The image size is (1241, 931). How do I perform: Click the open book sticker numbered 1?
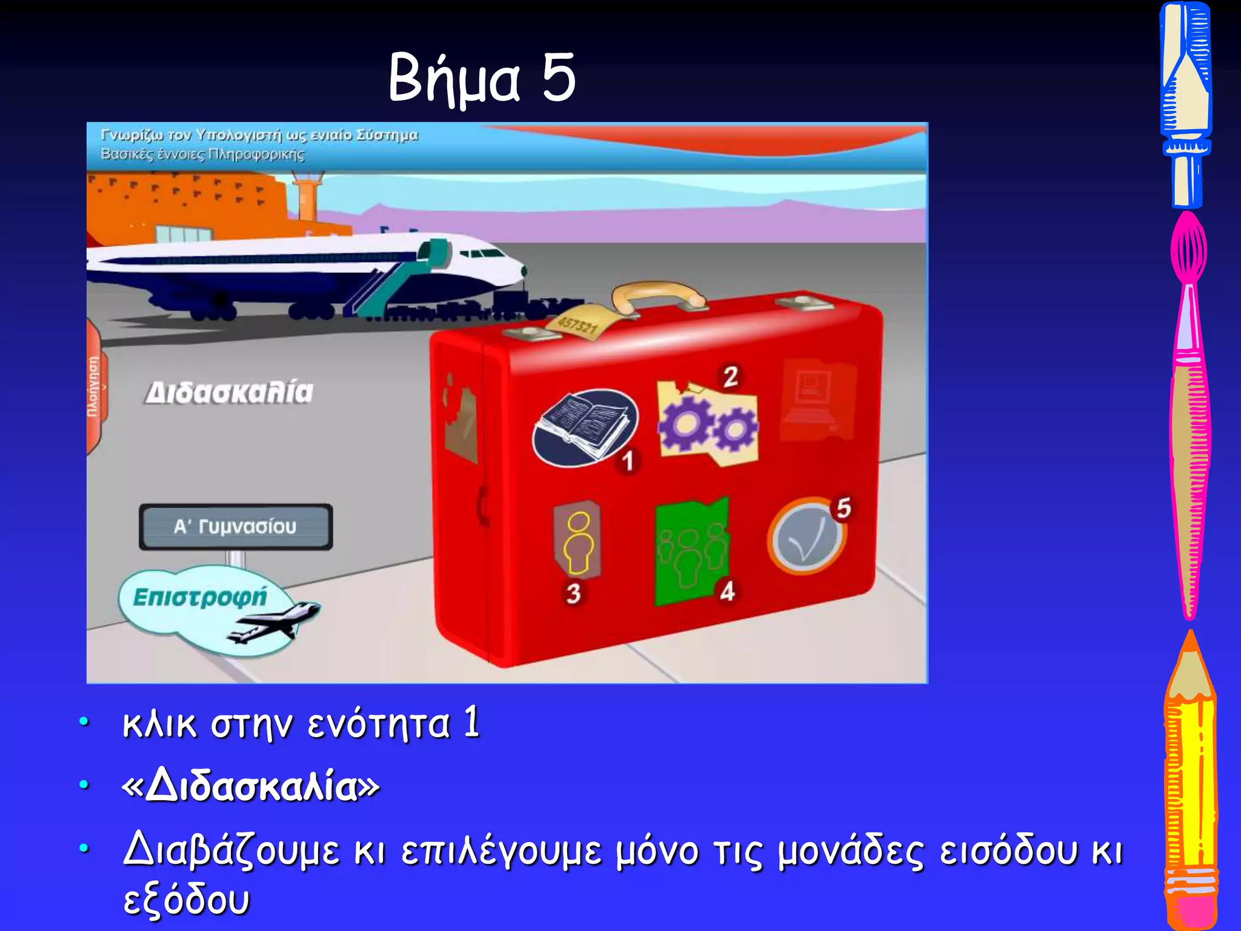(584, 427)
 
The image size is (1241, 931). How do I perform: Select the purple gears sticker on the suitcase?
(707, 424)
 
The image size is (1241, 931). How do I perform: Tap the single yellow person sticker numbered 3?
(577, 539)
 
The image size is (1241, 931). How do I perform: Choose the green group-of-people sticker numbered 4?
(691, 552)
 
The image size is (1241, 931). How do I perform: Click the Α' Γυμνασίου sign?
(236, 526)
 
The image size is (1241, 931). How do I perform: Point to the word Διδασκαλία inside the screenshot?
(230, 393)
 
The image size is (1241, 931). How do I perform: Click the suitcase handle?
(657, 295)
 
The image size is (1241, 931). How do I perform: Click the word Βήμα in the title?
(454, 79)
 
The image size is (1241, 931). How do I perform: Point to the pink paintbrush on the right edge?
(1189, 412)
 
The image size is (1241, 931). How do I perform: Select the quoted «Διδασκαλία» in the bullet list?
(251, 786)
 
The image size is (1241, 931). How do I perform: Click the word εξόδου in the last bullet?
(186, 899)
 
